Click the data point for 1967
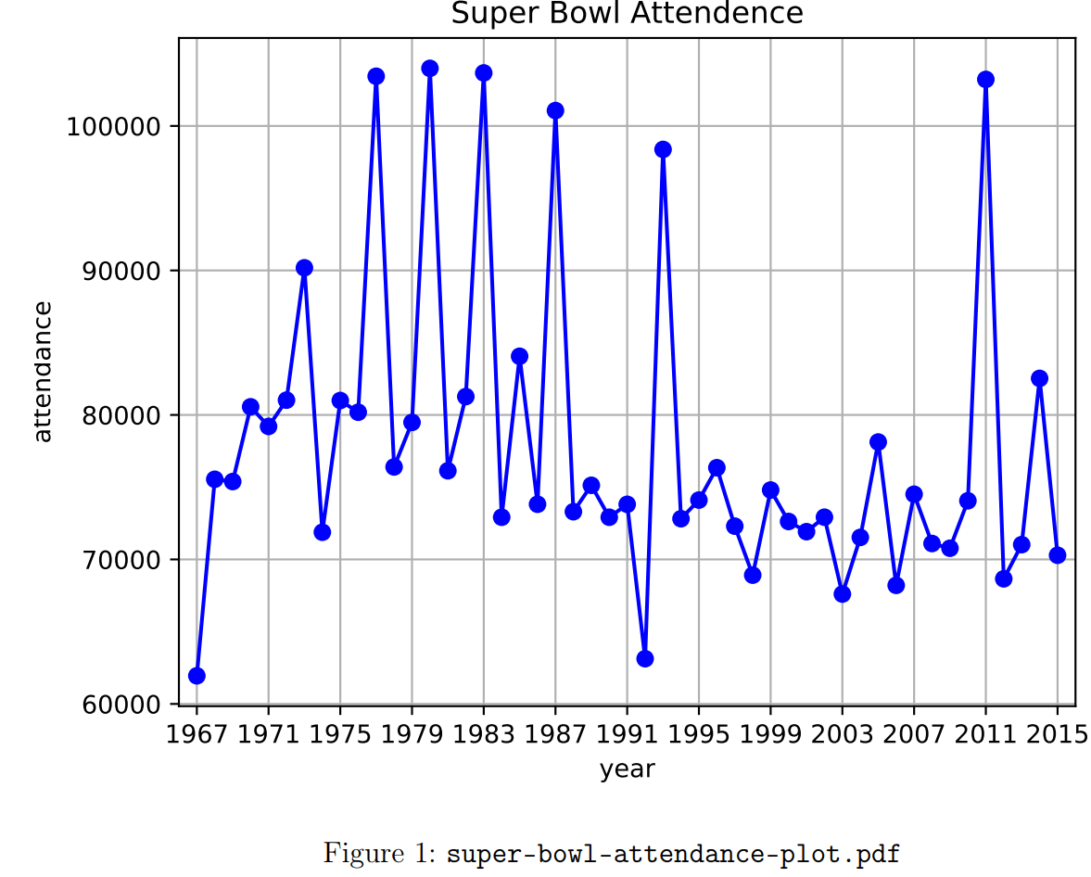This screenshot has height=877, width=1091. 197,676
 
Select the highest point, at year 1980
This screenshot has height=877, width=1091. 430,69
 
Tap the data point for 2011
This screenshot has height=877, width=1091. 985,80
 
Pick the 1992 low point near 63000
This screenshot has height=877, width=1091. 645,658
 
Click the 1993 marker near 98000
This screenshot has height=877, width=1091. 663,149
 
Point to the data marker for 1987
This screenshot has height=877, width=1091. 555,110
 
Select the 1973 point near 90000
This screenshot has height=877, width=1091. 304,268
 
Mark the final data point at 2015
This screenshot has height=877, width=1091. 1058,555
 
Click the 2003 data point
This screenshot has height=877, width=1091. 842,593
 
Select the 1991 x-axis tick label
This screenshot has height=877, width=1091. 627,733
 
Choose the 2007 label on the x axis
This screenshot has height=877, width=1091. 914,733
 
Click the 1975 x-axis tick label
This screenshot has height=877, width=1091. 340,733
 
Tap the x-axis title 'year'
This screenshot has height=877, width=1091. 627,769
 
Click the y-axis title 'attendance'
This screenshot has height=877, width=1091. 43,372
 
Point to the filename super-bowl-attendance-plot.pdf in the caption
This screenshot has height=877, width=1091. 673,854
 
